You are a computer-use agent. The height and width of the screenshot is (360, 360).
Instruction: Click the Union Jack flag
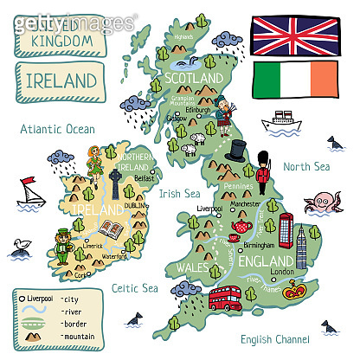click(293, 34)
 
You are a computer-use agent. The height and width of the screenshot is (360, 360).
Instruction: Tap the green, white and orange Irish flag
click(295, 79)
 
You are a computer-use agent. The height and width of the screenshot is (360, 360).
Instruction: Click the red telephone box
click(286, 230)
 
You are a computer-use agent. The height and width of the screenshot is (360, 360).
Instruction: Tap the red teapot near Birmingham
click(238, 228)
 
